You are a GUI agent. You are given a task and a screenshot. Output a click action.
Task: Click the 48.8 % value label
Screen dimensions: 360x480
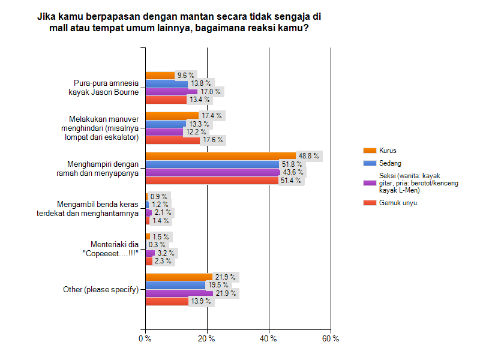tap(310, 156)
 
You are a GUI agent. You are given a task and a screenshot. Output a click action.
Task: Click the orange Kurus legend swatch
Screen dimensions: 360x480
tap(369, 150)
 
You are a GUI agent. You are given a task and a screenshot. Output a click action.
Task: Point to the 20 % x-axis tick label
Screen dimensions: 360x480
tap(207, 339)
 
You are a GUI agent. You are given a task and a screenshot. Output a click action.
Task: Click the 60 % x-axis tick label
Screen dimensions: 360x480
tap(331, 339)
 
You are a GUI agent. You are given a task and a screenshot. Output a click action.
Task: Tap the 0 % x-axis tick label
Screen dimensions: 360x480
tap(145, 339)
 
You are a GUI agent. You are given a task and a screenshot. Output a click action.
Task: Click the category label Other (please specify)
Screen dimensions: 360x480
tap(101, 290)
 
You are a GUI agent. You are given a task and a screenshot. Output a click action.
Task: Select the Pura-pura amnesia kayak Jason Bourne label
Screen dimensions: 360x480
tap(106, 88)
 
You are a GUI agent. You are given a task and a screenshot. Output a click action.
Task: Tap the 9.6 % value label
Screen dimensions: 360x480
tap(185, 76)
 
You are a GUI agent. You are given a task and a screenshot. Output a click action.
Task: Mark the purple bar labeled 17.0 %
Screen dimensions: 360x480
tap(172, 92)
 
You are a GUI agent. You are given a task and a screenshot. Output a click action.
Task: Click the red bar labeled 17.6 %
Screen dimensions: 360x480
tap(173, 140)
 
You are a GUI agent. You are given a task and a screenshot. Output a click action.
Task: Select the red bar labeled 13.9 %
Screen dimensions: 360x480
tap(167, 301)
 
